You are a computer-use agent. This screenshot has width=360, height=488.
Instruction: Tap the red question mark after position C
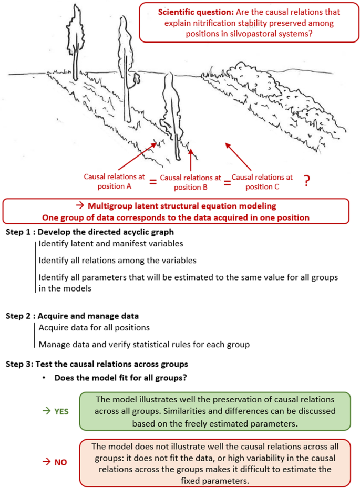(307, 181)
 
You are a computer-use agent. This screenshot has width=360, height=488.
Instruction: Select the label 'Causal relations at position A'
(114, 181)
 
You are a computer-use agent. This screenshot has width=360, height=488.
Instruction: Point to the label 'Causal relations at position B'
(190, 182)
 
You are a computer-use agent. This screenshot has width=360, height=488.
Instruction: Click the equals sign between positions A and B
(153, 182)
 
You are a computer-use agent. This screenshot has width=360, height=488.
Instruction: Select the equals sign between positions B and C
(227, 182)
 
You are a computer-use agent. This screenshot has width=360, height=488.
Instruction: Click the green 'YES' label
(58, 412)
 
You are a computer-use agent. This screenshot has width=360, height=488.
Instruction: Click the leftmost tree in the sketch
(76, 37)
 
